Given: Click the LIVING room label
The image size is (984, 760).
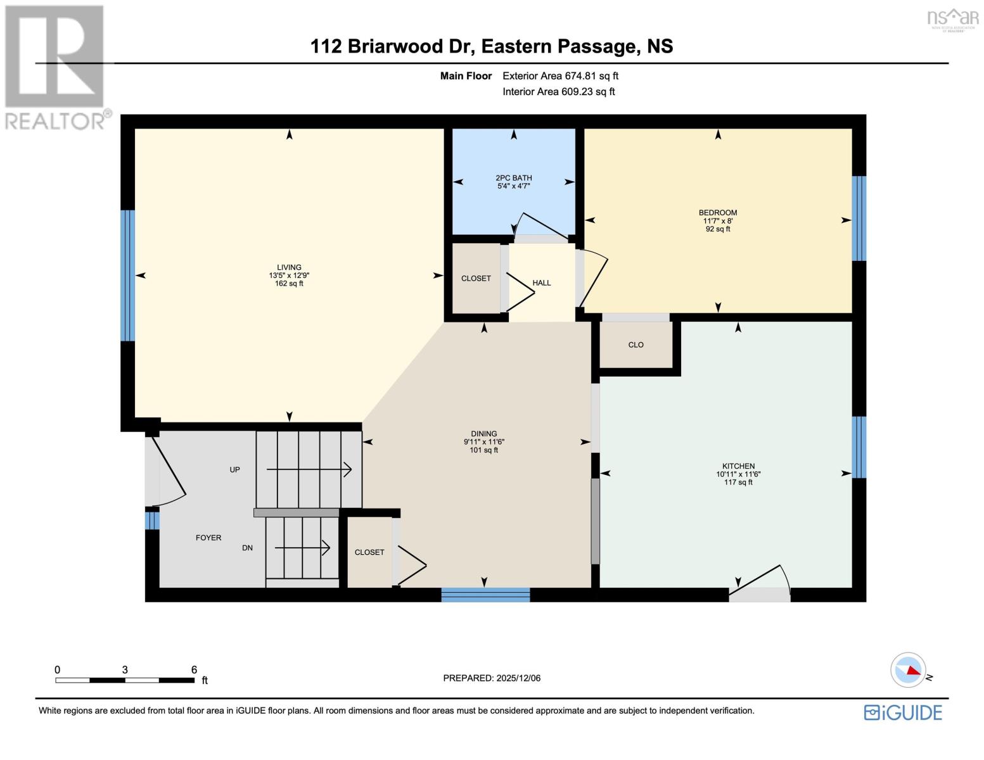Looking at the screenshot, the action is (x=289, y=267).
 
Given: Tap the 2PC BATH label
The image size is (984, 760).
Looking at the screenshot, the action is (x=513, y=178).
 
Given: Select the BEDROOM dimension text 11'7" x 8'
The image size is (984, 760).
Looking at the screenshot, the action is (x=718, y=221).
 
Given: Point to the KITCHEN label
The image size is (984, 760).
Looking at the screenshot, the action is (x=738, y=465).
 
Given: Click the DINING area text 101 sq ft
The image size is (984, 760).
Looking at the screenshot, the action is (x=483, y=450).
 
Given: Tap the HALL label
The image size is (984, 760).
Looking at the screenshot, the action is (x=542, y=283).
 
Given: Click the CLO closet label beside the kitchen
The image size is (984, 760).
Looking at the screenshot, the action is (x=636, y=345).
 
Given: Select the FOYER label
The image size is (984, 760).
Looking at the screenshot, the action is (x=208, y=538).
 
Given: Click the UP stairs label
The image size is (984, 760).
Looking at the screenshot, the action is (x=234, y=470).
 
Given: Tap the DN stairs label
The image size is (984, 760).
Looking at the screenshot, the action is (x=247, y=548).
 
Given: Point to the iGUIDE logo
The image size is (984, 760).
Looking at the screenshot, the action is (x=903, y=712).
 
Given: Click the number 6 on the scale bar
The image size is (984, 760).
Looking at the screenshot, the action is (x=194, y=669).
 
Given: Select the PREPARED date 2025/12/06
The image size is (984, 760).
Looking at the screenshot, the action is (x=518, y=678).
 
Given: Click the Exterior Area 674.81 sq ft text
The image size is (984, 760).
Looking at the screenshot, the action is (x=560, y=76).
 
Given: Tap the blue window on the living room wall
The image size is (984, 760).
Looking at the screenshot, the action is (x=128, y=275).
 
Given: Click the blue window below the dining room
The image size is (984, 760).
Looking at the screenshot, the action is (x=485, y=595).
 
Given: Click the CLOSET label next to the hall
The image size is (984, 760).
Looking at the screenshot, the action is (x=476, y=279).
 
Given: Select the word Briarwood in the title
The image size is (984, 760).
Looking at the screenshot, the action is (x=395, y=46).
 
